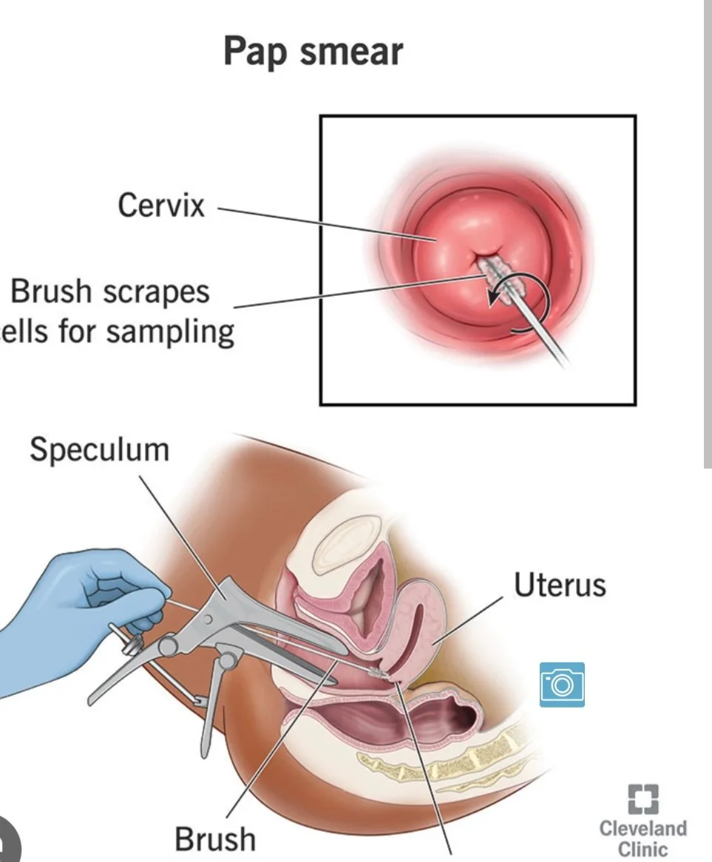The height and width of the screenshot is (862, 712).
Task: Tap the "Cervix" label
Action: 161,205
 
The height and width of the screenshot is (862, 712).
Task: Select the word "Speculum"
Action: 100,449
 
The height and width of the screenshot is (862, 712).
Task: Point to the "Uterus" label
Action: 560,585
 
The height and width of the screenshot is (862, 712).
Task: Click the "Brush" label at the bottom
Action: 215,839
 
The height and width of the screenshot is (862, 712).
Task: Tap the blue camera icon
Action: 561,684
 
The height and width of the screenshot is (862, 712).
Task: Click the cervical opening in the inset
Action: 483,260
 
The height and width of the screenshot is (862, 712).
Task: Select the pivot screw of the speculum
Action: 167,646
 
